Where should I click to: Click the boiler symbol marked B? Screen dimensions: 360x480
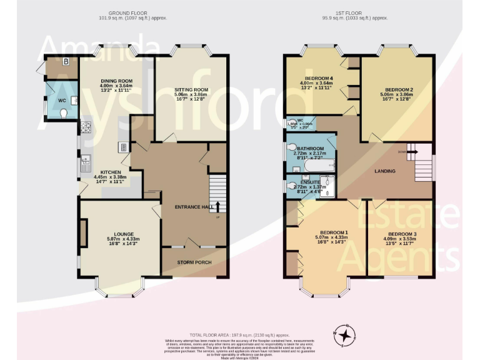66,62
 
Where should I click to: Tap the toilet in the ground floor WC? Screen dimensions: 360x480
64,113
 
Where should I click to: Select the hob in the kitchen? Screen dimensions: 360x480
85,129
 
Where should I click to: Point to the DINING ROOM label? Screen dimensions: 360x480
117,81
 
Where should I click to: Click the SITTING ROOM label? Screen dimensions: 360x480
191,91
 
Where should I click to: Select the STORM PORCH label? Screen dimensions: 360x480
193,262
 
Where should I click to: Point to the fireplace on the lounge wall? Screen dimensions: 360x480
82,232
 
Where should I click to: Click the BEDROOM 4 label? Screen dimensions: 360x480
318,77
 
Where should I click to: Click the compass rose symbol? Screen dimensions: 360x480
344,335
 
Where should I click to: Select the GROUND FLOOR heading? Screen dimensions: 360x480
129,12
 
